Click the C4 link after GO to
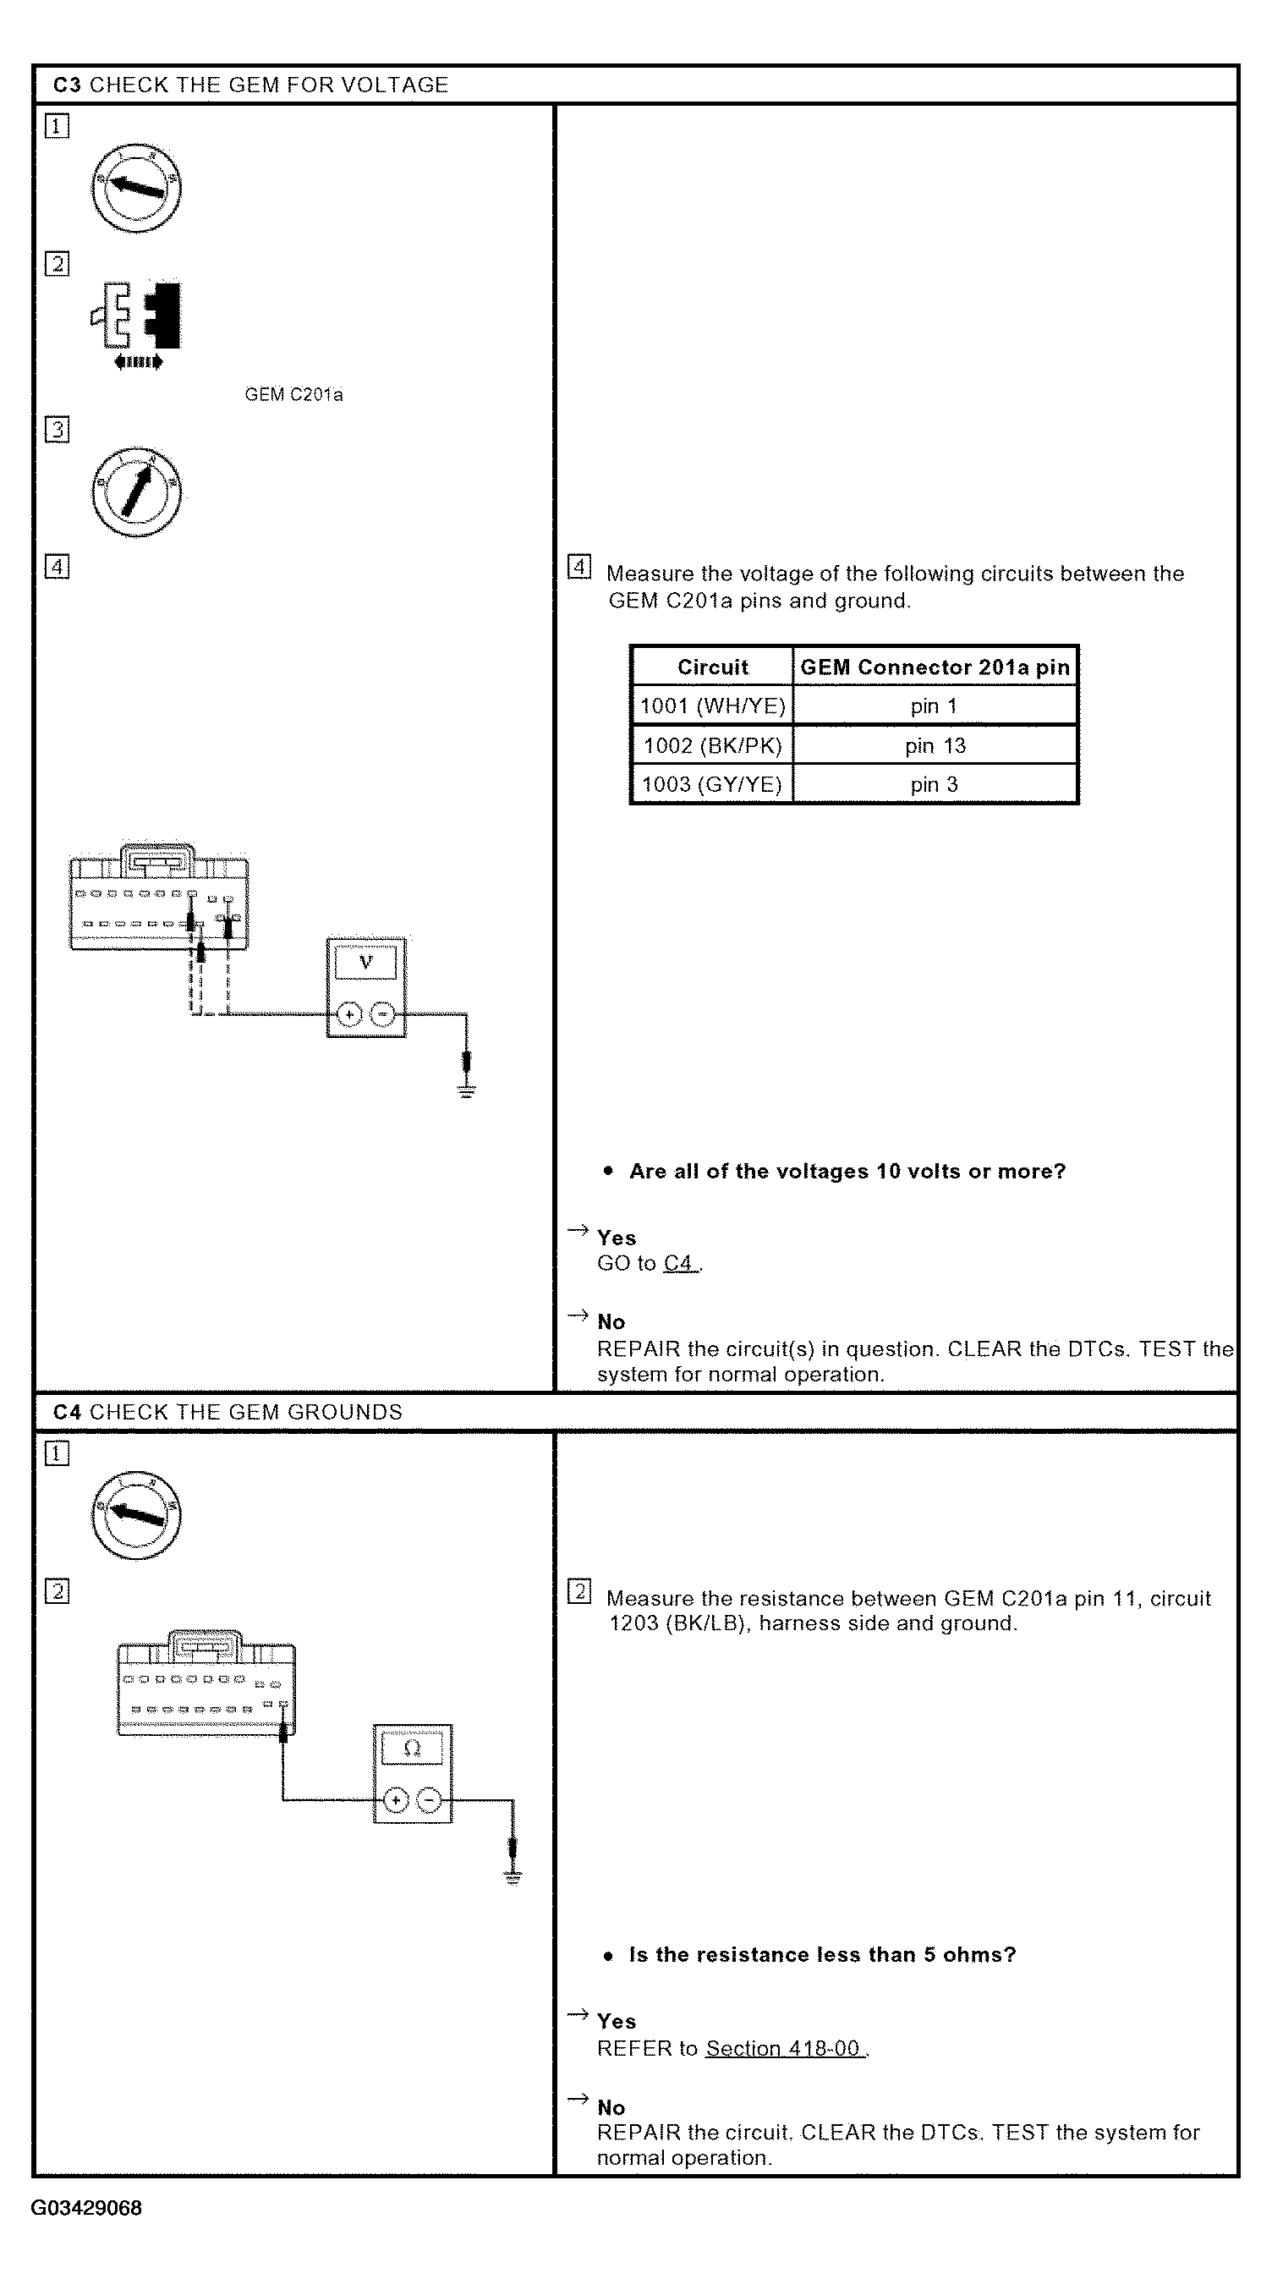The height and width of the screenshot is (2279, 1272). [677, 1263]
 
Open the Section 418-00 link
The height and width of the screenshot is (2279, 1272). [783, 2048]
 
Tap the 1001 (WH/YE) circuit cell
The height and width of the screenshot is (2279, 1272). [712, 706]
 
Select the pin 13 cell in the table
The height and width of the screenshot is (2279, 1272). [935, 746]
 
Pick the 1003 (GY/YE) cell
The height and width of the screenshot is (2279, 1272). [712, 785]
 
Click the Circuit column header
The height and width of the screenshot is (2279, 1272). [712, 667]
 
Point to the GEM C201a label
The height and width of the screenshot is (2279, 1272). [293, 394]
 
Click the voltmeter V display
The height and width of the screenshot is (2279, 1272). [365, 962]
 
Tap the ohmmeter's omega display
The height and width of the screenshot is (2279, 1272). [412, 1749]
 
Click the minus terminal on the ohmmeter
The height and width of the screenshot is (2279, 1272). [429, 1800]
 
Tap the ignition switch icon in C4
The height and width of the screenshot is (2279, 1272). [136, 1515]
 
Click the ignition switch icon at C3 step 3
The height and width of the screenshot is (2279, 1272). [136, 491]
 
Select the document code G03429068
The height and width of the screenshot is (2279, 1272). [86, 2208]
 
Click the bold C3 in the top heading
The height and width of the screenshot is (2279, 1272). [67, 85]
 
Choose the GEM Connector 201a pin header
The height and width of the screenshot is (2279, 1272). [935, 667]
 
